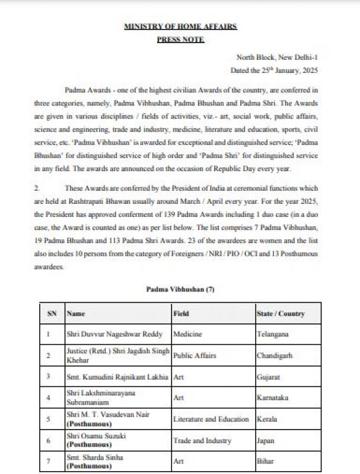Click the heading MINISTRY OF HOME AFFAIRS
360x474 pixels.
click(180, 27)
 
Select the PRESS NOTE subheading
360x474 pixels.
click(180, 39)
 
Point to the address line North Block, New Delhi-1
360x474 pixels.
click(278, 57)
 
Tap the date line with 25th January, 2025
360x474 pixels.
click(274, 70)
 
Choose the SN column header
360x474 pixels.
click(52, 313)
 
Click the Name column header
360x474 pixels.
click(77, 313)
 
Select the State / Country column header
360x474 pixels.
click(281, 313)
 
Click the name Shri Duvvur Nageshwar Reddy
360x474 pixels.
click(114, 334)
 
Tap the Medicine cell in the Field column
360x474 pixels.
click(188, 334)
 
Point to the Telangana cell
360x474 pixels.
click(273, 334)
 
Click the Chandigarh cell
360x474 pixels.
click(274, 355)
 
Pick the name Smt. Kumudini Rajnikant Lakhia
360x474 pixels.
click(118, 376)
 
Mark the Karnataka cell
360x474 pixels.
click(273, 398)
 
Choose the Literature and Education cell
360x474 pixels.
click(211, 419)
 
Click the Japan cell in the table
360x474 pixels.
click(266, 440)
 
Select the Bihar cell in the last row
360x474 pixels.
click(266, 461)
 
